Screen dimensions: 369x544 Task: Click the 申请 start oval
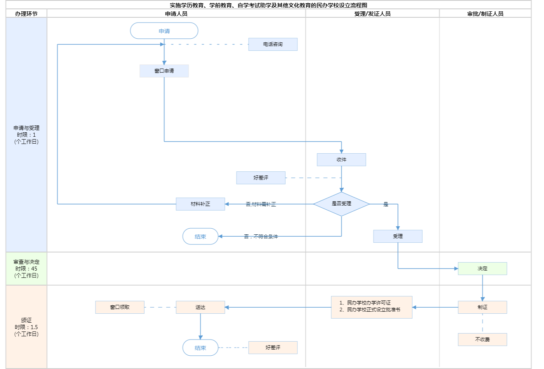164,31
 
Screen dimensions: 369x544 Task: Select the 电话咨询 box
273,44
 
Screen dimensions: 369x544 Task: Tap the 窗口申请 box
164,71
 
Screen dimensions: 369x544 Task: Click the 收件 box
341,160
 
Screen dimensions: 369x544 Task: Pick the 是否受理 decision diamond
341,204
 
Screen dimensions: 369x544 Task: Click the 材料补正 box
200,204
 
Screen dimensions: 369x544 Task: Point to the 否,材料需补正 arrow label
261,204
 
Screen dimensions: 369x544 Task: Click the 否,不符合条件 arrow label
261,237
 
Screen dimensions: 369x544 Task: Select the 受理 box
398,236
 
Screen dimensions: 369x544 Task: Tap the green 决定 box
482,269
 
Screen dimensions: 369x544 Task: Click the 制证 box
482,307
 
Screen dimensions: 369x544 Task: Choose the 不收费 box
482,340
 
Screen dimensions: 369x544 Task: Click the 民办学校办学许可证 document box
372,307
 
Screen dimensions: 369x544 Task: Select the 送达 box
200,307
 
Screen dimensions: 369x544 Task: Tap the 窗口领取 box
120,307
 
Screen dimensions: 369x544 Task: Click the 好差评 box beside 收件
261,178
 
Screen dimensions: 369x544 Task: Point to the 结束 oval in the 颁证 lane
200,348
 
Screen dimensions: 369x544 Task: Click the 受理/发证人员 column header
372,14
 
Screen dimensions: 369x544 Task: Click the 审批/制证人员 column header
485,14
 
